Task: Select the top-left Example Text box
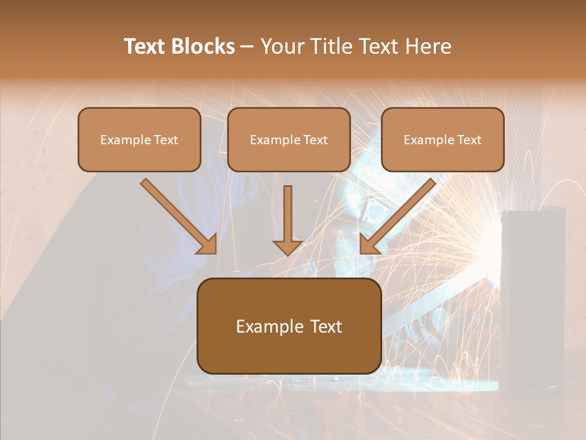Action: (139, 139)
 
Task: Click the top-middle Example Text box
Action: (289, 139)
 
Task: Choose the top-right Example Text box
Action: (443, 139)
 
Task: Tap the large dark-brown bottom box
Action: (289, 326)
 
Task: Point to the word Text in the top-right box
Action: (469, 140)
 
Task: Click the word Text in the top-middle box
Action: (315, 140)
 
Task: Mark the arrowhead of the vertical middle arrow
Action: (288, 247)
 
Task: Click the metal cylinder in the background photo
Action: (532, 293)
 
